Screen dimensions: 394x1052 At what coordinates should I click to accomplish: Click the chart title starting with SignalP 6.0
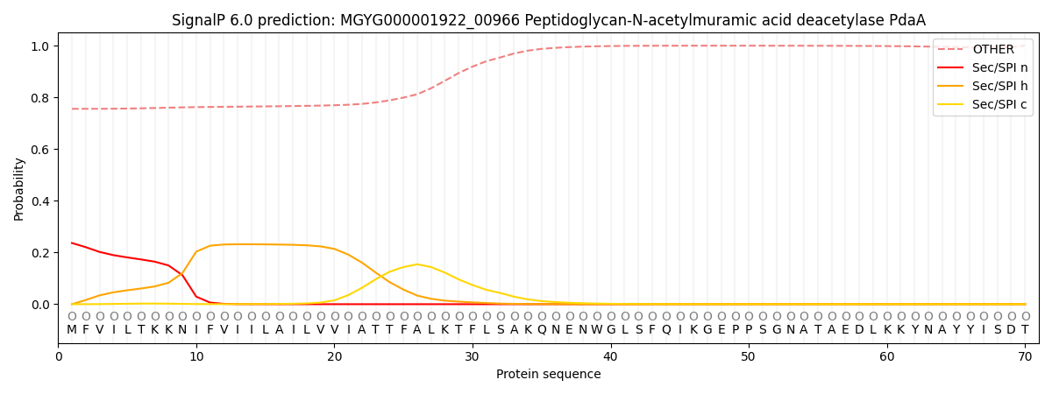pyautogui.click(x=548, y=20)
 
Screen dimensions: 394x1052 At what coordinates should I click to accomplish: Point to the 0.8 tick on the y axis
pyautogui.click(x=42, y=98)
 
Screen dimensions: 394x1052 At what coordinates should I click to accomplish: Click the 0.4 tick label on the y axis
pyautogui.click(x=42, y=201)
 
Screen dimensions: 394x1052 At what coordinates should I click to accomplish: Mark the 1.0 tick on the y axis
pyautogui.click(x=42, y=46)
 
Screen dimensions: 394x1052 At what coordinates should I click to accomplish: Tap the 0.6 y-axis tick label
pyautogui.click(x=42, y=150)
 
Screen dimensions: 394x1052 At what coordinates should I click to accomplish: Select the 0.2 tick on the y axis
pyautogui.click(x=42, y=253)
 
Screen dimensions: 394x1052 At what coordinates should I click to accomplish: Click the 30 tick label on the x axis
pyautogui.click(x=473, y=356)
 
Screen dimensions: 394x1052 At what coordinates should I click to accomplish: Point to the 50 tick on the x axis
pyautogui.click(x=748, y=356)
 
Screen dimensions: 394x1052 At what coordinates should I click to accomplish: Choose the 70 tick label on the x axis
pyautogui.click(x=1024, y=356)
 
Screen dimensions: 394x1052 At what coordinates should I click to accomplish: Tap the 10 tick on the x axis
pyautogui.click(x=196, y=356)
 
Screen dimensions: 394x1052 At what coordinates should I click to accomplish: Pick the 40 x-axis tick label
pyautogui.click(x=610, y=356)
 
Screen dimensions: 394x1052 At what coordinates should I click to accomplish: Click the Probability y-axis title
pyautogui.click(x=19, y=189)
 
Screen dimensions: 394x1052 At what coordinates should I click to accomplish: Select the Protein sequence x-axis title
pyautogui.click(x=548, y=375)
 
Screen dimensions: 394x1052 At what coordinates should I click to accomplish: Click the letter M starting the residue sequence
pyautogui.click(x=72, y=330)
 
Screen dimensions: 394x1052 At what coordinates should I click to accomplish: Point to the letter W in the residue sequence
pyautogui.click(x=596, y=330)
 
